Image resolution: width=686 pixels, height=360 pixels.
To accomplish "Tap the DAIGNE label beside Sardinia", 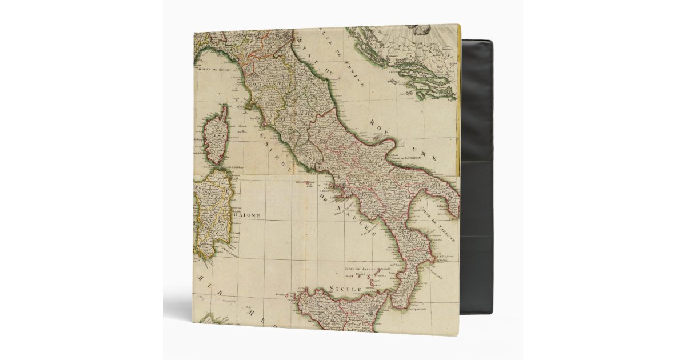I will (246, 215).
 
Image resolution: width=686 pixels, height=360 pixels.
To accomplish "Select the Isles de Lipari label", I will (359, 267).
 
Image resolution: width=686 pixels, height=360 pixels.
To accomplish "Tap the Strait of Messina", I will (391, 293).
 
